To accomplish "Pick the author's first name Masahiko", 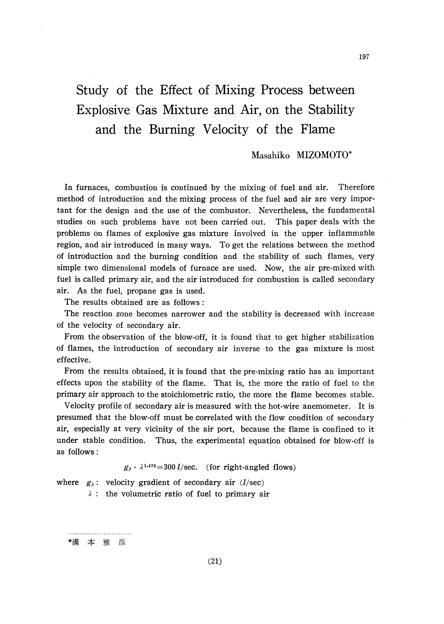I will coord(270,156).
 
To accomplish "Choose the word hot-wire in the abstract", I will coord(284,406).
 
